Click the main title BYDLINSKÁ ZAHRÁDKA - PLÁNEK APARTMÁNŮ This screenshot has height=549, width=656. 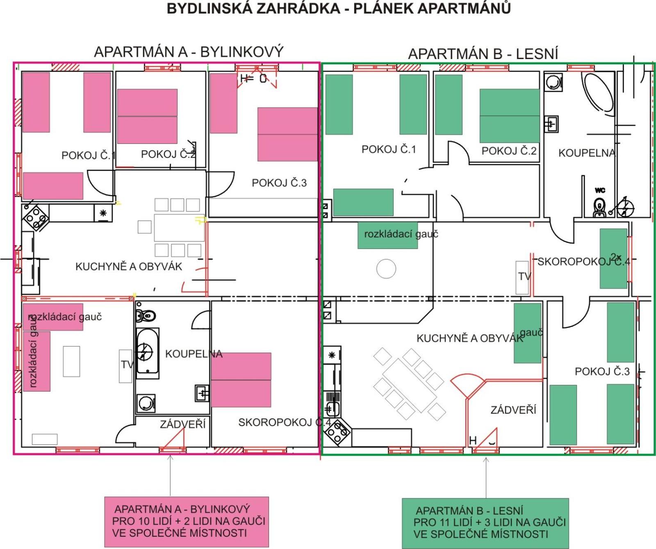(339, 9)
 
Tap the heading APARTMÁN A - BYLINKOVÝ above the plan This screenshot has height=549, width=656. (189, 52)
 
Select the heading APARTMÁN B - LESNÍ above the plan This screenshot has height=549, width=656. (483, 54)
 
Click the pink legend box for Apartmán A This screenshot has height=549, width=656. (187, 522)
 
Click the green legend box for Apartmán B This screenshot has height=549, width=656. (485, 523)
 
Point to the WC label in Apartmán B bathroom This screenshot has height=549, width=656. (600, 190)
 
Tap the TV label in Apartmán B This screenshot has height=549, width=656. (524, 277)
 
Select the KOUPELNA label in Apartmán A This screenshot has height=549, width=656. (194, 354)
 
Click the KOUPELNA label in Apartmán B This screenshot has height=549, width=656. (587, 153)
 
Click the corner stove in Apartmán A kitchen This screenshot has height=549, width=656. (35, 218)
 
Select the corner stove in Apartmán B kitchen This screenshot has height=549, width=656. (337, 432)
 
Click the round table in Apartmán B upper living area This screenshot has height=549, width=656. (386, 269)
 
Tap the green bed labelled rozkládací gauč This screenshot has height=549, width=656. (387, 235)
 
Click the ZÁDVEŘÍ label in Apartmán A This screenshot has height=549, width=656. (183, 424)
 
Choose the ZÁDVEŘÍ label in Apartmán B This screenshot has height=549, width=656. (513, 410)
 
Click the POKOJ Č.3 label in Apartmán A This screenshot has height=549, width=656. (279, 183)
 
